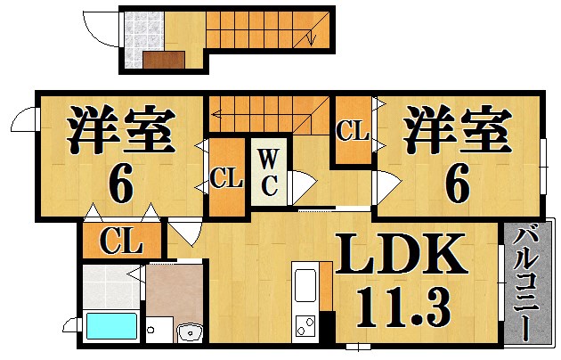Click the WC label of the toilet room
269,173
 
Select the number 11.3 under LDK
403,307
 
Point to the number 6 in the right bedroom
457,184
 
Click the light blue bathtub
112,325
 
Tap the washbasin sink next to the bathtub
190,332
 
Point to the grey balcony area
527,282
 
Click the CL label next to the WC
226,178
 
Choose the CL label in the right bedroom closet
353,131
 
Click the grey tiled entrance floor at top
143,39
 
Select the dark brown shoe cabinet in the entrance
164,60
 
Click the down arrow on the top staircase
311,38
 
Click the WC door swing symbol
303,187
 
